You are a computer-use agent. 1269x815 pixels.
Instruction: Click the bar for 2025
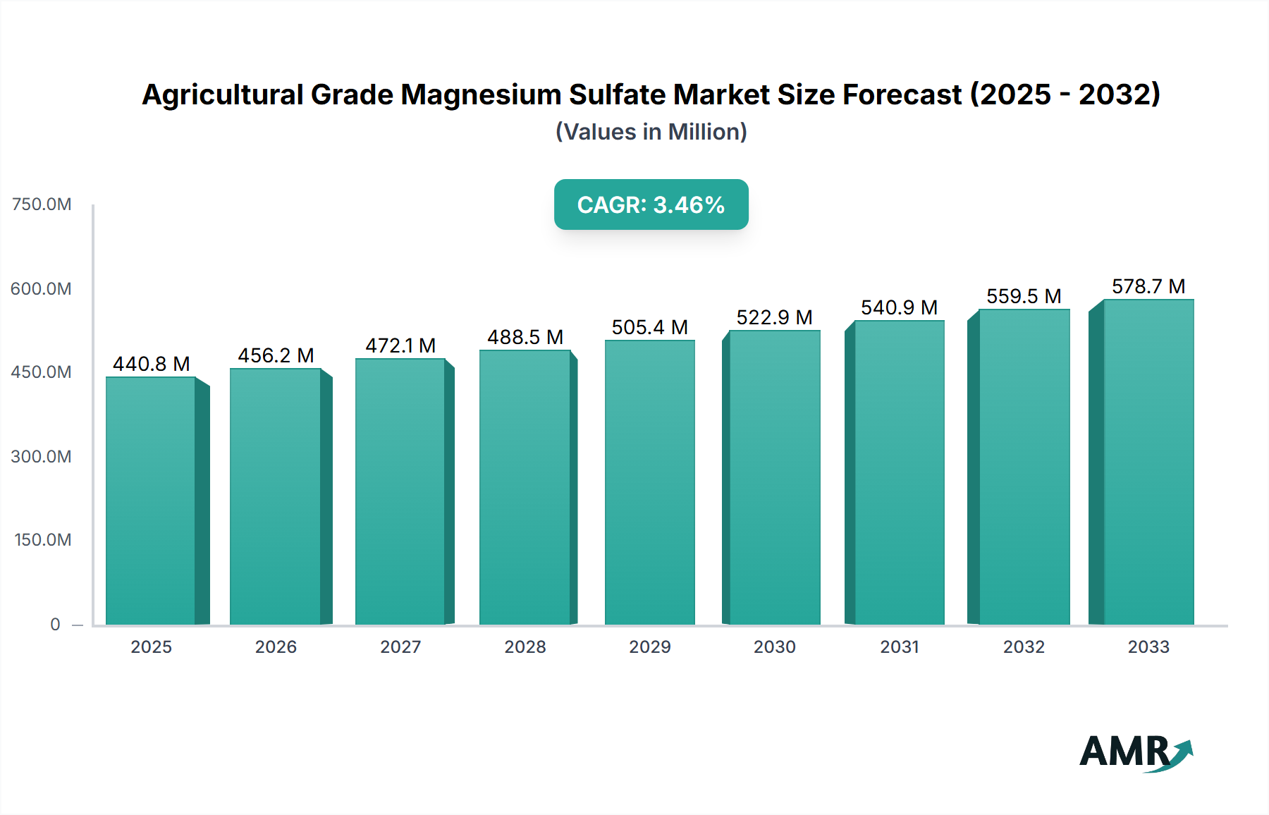151,501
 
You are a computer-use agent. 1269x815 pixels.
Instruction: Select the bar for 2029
649,483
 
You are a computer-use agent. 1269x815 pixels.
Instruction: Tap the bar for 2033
1148,462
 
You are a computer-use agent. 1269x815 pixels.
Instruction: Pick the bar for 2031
899,472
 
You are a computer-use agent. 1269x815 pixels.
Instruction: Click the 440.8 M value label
152,364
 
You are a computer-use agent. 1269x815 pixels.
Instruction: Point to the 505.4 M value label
649,327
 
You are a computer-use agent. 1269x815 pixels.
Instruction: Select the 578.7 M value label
1148,286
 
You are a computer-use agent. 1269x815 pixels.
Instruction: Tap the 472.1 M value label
400,345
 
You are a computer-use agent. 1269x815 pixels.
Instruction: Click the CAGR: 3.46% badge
651,204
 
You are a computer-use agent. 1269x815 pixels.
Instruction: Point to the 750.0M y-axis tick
42,204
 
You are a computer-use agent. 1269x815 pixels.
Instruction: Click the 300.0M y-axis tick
42,456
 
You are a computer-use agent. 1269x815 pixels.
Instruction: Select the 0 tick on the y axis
55,624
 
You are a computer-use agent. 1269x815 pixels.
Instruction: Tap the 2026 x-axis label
276,647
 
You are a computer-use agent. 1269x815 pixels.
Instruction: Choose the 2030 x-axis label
774,647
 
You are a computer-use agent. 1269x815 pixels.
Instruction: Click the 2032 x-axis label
1024,647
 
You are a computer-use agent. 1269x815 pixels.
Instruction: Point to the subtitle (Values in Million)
651,132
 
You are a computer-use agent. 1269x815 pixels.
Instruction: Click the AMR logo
1135,752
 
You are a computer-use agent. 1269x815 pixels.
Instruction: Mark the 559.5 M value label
1024,296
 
